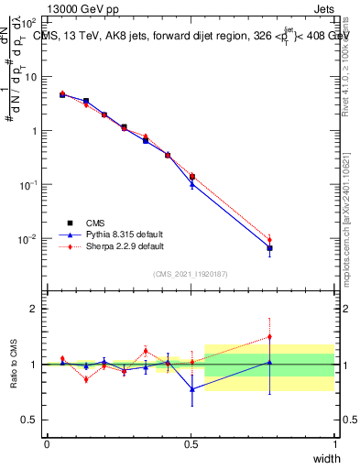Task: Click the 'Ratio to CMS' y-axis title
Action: pos(14,364)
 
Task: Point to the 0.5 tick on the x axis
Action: pos(191,444)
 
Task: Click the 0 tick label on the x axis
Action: pos(47,444)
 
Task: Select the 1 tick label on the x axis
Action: pos(334,444)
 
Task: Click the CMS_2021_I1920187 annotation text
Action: pos(191,274)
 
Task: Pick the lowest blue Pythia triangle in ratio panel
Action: pos(191,389)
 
